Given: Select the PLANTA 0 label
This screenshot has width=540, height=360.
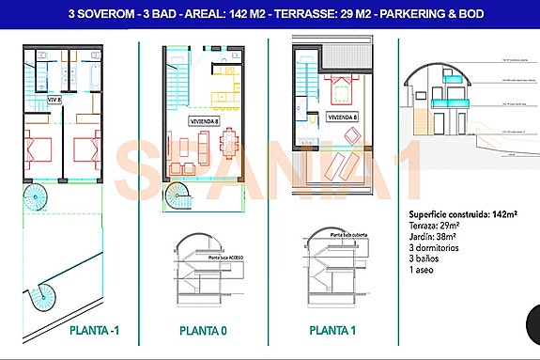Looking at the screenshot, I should [x=204, y=331].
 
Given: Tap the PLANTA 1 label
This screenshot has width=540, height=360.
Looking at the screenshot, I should [x=332, y=331].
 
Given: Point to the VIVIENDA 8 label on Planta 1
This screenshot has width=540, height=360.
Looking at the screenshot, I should [x=343, y=117].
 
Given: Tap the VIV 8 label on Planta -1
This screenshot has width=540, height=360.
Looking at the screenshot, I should [x=54, y=98].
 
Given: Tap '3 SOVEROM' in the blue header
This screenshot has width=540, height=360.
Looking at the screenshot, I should [x=101, y=14].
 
